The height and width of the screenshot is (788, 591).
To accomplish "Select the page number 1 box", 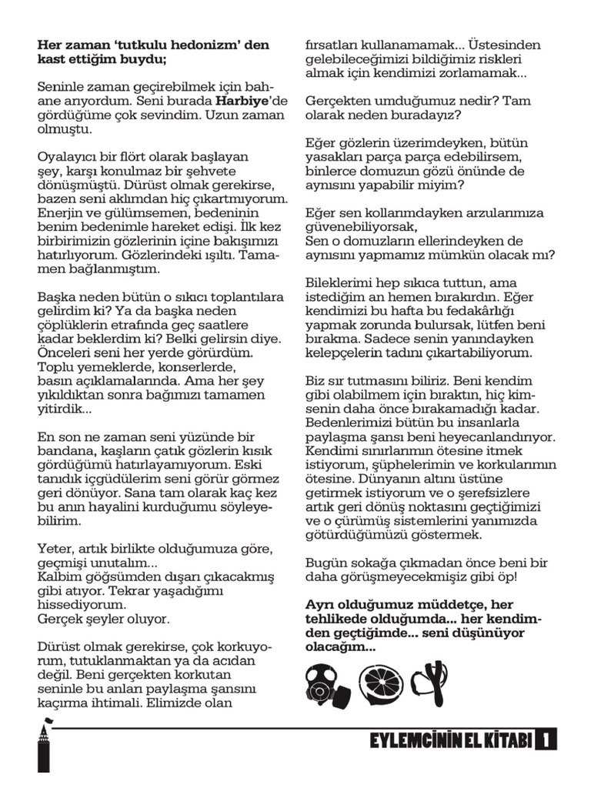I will coord(547,740).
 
